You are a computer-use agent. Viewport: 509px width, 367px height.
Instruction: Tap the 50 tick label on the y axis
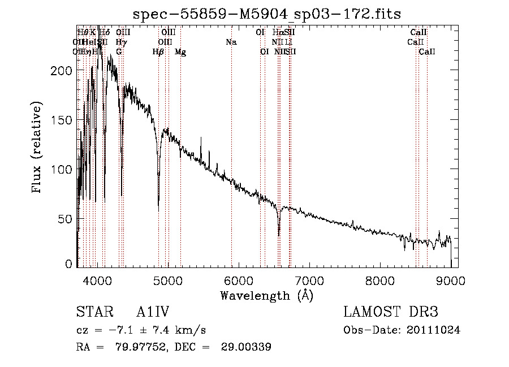(x=65, y=219)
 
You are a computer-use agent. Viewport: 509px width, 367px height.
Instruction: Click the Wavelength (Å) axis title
(x=266, y=295)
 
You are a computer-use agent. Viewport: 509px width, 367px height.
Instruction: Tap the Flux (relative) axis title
(x=38, y=148)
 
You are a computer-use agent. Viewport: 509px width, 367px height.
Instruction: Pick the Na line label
(x=231, y=42)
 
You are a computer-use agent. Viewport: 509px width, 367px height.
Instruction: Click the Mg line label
(x=180, y=52)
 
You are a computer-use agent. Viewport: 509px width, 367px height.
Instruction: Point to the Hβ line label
(x=158, y=52)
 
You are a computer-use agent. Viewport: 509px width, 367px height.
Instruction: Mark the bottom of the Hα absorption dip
(x=279, y=235)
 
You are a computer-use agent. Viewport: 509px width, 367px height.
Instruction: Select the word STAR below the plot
(x=92, y=313)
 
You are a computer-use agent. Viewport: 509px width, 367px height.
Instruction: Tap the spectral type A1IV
(x=153, y=313)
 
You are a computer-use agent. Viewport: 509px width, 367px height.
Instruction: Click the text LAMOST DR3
(x=391, y=313)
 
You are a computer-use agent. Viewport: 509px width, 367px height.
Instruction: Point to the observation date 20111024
(x=434, y=330)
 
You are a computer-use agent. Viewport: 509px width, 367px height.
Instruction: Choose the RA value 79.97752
(x=143, y=347)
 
